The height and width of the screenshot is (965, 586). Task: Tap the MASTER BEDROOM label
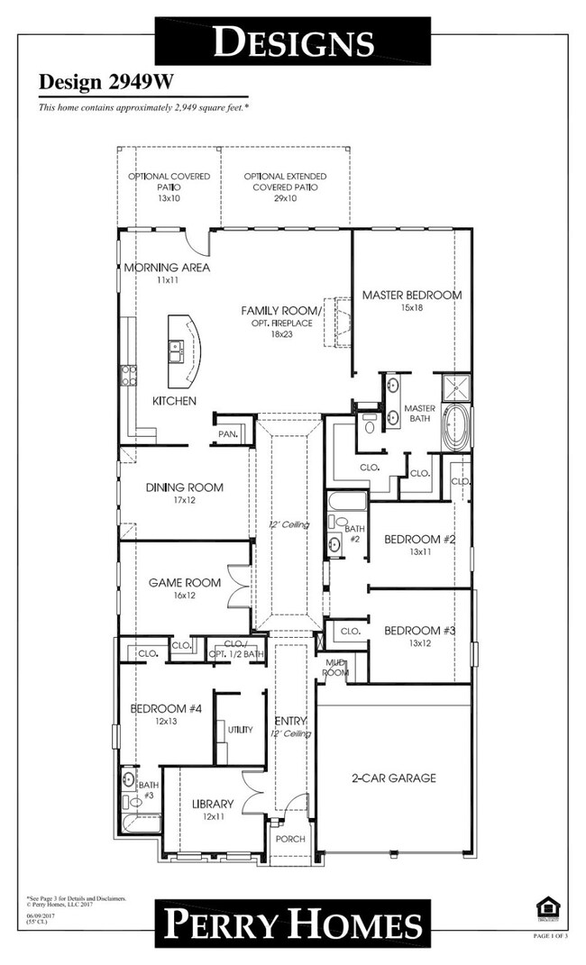pyautogui.click(x=411, y=295)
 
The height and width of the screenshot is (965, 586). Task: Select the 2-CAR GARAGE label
pyautogui.click(x=393, y=778)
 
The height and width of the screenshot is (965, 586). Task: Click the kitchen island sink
pyautogui.click(x=176, y=347)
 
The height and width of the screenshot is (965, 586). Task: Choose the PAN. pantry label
pyautogui.click(x=227, y=434)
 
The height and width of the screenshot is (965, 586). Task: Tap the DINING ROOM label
pyautogui.click(x=185, y=487)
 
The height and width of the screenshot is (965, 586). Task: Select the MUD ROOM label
pyautogui.click(x=336, y=668)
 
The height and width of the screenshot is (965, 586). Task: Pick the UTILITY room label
pyautogui.click(x=240, y=729)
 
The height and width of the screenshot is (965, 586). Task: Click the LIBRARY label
pyautogui.click(x=213, y=804)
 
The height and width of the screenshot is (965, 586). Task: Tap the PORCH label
pyautogui.click(x=290, y=839)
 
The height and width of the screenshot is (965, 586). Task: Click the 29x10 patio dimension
pyautogui.click(x=285, y=198)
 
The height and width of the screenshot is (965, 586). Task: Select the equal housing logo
pyautogui.click(x=545, y=906)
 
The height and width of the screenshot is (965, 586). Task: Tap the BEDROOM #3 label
pyautogui.click(x=419, y=631)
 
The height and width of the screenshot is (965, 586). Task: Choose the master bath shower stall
pyautogui.click(x=454, y=387)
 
